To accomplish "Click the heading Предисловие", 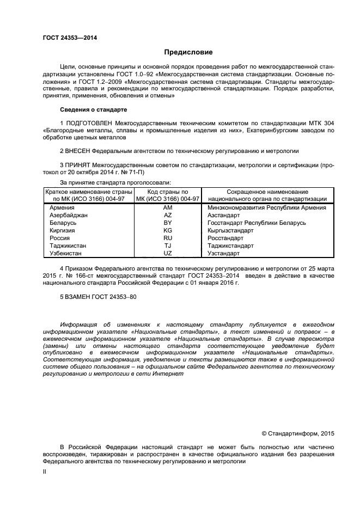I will [x=188, y=52].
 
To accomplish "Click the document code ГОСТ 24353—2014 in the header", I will [x=66, y=38].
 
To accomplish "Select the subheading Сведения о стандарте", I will [x=94, y=109].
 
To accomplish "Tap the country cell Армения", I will [x=62, y=207].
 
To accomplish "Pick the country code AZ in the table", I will [x=168, y=215].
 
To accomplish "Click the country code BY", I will [x=168, y=223].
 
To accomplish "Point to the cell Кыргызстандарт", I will [x=230, y=230].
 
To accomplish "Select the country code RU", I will [x=168, y=238].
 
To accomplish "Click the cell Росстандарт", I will [x=225, y=238].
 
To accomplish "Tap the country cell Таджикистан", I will [x=68, y=246].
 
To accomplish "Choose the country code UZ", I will [x=168, y=253].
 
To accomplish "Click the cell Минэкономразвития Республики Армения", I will [x=267, y=207].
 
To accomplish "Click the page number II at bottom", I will [x=45, y=473].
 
